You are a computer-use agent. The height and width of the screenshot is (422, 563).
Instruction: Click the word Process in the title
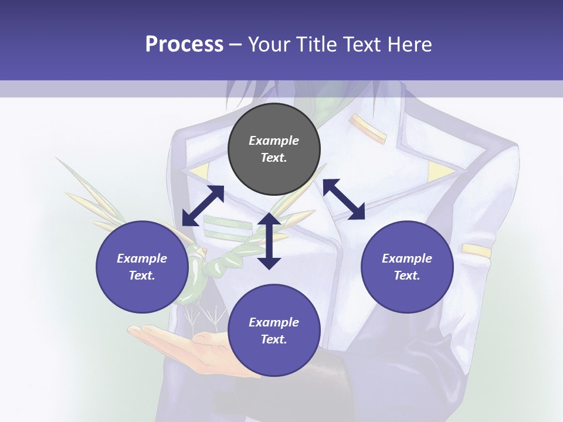[x=184, y=44]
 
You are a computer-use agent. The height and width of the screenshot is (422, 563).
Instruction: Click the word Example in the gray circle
[x=274, y=141]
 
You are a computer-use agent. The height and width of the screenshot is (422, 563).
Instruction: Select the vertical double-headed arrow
[x=269, y=241]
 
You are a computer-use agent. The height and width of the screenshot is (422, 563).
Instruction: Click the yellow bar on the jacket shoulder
[x=368, y=128]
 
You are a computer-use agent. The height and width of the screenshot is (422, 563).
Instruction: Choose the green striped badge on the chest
[x=226, y=226]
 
